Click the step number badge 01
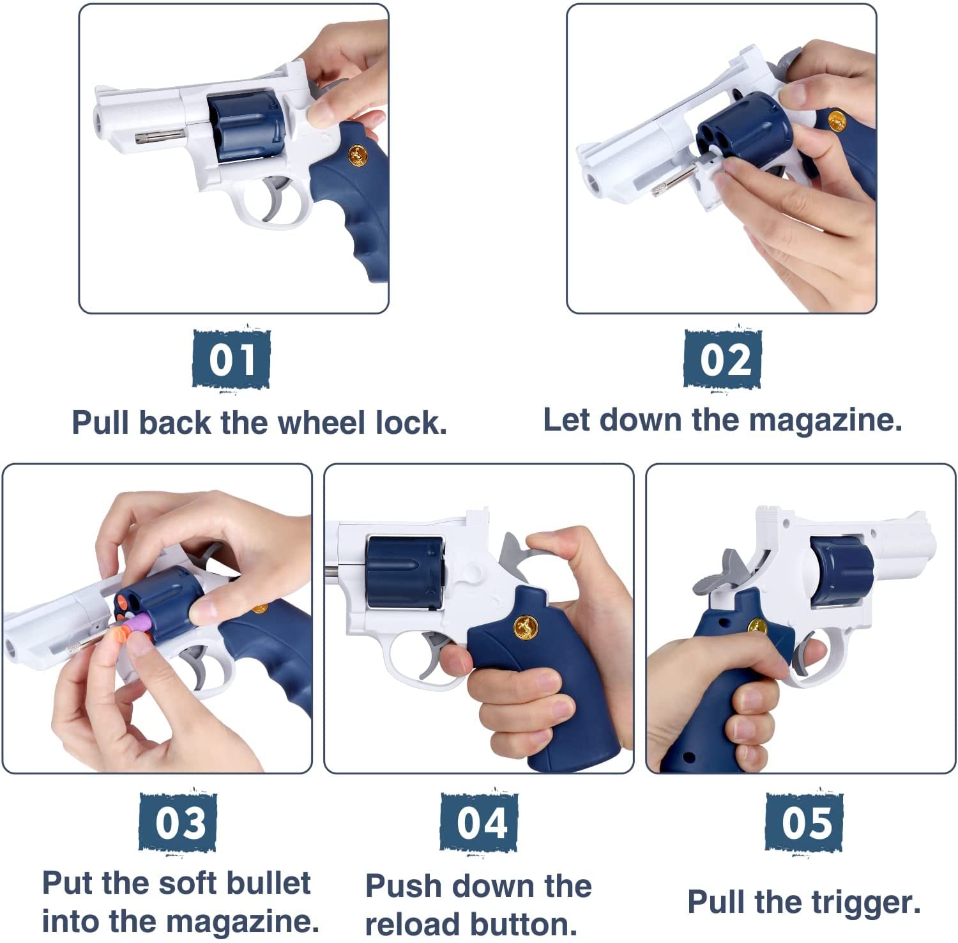231,359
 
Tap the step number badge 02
722,359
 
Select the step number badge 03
178,822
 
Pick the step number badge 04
479,822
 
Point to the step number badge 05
804,822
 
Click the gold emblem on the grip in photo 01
358,155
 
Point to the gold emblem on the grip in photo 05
757,627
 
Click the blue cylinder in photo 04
404,571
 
